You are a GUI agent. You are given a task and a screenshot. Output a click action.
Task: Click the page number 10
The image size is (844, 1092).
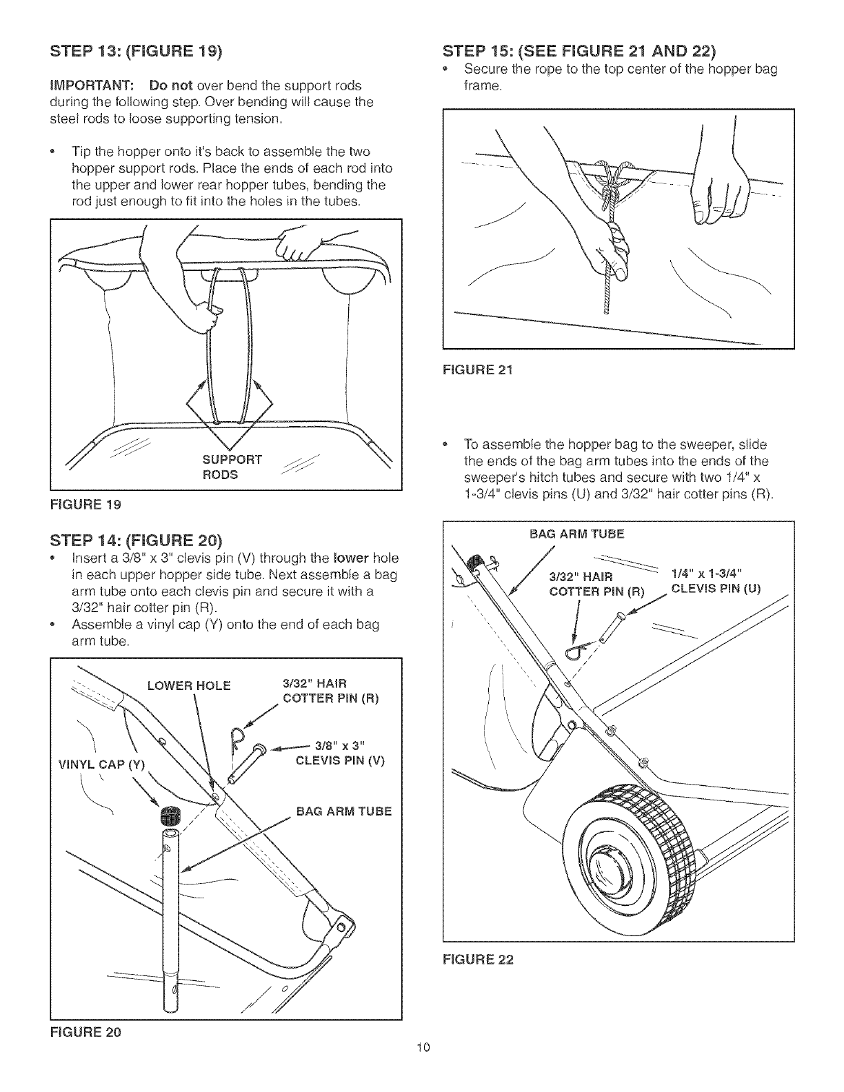click(x=423, y=1067)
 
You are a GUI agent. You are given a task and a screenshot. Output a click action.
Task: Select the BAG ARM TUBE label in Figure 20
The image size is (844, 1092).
click(x=343, y=811)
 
